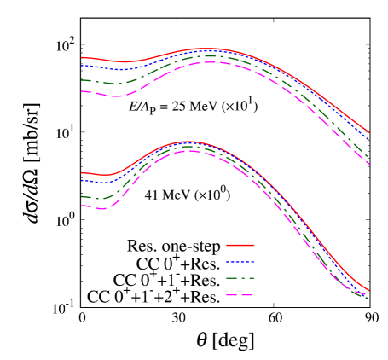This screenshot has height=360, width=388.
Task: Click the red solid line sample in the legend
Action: (240, 245)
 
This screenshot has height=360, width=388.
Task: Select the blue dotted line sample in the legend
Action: (240, 261)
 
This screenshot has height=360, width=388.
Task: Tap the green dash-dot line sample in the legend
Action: (240, 278)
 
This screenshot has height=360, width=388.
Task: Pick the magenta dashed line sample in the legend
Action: (240, 295)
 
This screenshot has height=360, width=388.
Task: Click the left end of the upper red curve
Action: (82, 57)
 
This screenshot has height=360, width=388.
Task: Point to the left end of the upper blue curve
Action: (82, 65)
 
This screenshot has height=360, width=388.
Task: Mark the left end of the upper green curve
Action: (82, 80)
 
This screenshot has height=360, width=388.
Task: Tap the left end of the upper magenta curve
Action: (82, 91)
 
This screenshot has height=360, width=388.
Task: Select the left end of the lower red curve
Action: (82, 172)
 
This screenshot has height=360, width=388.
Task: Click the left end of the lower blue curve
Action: (82, 180)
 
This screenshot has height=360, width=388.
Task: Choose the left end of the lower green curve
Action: (82, 196)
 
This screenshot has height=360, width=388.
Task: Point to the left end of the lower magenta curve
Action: (82, 206)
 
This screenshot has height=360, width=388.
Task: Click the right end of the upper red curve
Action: (368, 131)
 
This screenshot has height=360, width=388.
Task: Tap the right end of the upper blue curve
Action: (368, 139)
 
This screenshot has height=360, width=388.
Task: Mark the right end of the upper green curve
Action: (368, 154)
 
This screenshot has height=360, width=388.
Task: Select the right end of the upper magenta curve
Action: (368, 164)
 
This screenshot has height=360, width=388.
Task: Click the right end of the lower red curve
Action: (368, 292)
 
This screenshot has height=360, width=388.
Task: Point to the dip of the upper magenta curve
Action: (115, 96)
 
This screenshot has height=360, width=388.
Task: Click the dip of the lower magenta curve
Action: (102, 209)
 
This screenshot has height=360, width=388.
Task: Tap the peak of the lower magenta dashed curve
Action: (189, 151)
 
